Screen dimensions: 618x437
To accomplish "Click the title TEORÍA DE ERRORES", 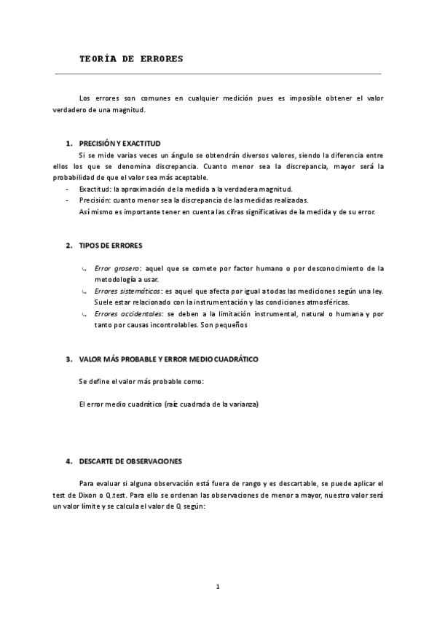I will (131, 58).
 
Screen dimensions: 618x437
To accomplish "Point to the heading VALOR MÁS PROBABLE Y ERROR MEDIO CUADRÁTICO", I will (168, 359).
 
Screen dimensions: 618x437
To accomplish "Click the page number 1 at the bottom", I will (218, 586).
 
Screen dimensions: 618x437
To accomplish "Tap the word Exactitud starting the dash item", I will (95, 189).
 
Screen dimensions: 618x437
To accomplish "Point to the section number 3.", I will (68, 359).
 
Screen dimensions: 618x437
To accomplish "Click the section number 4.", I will (68, 461).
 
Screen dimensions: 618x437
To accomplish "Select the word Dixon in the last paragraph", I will (86, 495).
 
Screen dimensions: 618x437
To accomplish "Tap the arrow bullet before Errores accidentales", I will (85, 314).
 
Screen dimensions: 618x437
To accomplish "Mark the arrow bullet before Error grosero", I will (85, 269).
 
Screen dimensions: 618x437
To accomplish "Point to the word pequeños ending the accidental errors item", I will (232, 324).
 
